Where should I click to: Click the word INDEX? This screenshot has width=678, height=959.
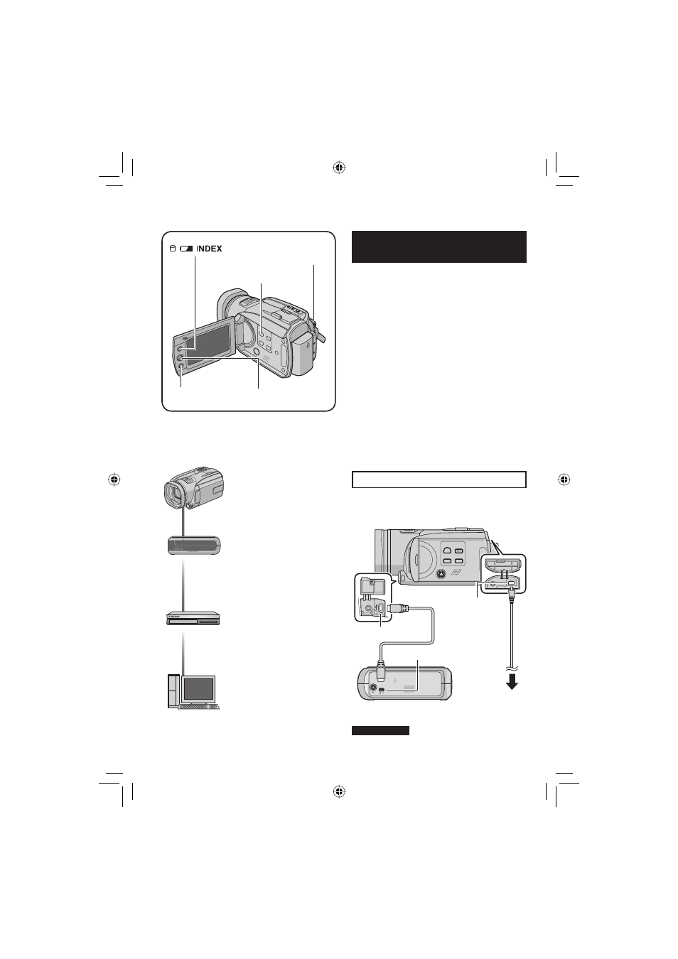209,249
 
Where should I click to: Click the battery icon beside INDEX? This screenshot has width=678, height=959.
186,249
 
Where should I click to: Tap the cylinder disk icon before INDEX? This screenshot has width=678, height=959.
173,249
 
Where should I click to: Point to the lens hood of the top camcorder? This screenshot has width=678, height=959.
230,305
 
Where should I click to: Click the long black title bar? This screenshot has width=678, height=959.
439,246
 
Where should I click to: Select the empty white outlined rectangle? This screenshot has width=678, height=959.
439,479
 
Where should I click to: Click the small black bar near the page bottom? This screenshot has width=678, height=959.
380,730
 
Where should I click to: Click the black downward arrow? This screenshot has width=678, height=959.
512,683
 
